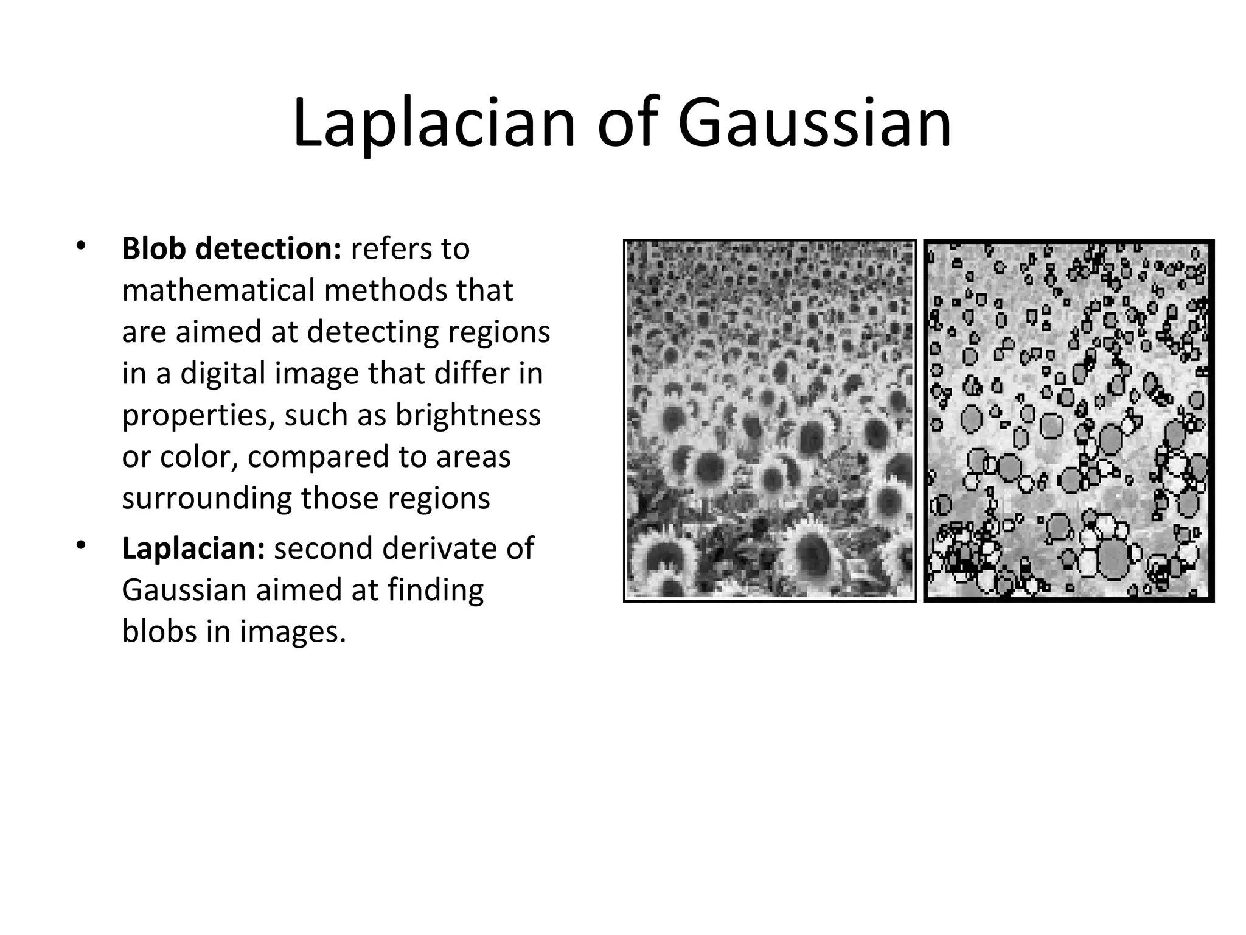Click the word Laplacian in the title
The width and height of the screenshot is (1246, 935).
[434, 125]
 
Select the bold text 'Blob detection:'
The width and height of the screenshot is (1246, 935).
[232, 249]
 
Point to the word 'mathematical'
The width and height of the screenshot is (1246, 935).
[218, 291]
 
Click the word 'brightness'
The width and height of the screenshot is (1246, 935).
[468, 415]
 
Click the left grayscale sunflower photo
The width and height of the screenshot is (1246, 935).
[770, 420]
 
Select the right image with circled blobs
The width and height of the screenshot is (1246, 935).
[1068, 420]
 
